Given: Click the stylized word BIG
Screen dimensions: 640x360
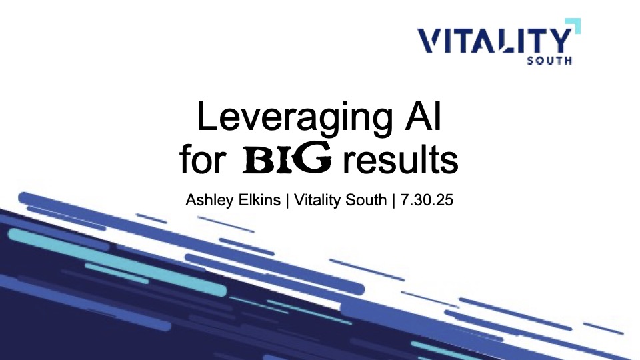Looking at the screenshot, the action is point(287,159).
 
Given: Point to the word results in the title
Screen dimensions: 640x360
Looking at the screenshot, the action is point(400,159).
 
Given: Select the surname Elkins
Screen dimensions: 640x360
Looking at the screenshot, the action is point(261,199).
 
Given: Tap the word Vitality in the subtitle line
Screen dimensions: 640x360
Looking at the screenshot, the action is point(317,201).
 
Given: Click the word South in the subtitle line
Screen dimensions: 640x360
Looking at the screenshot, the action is point(366,199).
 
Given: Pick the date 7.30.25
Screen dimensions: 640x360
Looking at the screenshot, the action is point(427,199).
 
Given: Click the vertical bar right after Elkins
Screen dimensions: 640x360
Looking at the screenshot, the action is point(287,200).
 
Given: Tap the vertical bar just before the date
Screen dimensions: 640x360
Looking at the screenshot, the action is point(393,200).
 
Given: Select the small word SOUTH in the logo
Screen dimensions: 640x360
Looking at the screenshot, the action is point(549,61).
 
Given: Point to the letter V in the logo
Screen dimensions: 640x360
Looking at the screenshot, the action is point(430,41).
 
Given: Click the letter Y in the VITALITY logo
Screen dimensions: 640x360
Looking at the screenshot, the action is point(559,41).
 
